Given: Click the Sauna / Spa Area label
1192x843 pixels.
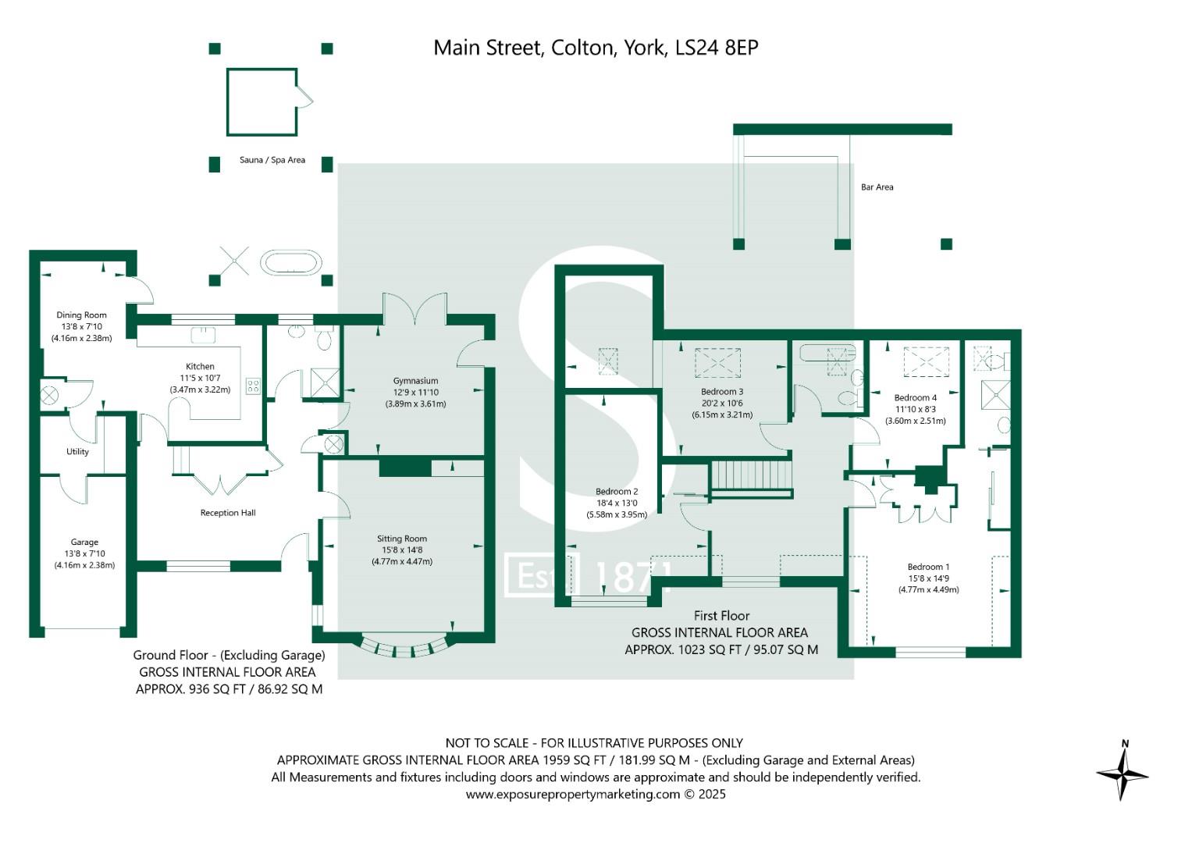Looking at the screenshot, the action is [x=272, y=160].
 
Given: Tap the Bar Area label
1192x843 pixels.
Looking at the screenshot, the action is [x=877, y=187].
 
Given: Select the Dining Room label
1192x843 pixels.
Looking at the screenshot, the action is [x=81, y=315].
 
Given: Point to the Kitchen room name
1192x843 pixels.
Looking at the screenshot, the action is [x=200, y=366].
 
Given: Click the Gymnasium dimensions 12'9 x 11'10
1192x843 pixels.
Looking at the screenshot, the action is [x=415, y=392].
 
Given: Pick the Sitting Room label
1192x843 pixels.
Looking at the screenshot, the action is [x=402, y=539].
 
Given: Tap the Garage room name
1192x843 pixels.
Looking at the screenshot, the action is [x=84, y=542].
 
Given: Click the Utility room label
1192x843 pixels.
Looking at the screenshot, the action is [x=78, y=451].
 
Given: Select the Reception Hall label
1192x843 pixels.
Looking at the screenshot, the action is [x=228, y=513].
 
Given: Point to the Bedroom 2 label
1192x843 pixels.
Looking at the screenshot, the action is [x=617, y=491].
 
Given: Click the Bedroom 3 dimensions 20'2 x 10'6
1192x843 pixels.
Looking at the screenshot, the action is [x=722, y=404].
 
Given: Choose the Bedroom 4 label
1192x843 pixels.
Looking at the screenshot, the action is [x=916, y=397].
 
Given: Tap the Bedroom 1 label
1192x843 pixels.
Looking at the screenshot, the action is [x=929, y=567].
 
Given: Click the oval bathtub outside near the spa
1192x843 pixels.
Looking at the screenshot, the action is [x=290, y=262].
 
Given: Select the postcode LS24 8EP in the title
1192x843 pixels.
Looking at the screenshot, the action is [x=717, y=48].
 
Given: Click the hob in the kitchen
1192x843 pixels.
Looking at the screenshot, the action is [x=253, y=386].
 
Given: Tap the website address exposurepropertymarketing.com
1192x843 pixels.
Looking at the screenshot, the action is [x=573, y=795].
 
